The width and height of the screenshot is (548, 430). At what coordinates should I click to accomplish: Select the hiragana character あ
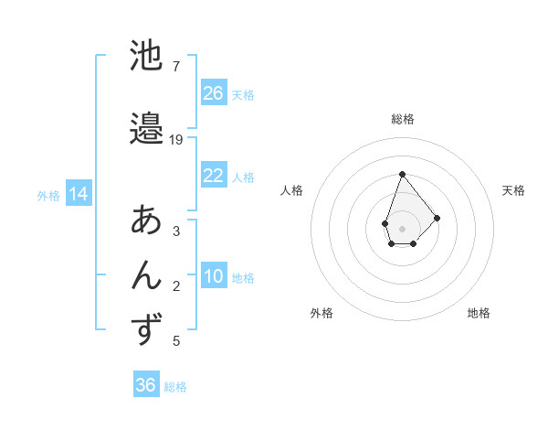click(147, 220)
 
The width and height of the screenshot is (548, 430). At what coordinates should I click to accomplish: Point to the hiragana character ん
click(147, 274)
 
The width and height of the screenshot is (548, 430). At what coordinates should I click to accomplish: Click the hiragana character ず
click(147, 329)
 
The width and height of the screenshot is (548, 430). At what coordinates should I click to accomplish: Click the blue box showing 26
click(214, 93)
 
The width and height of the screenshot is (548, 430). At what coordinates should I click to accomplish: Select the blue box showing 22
click(214, 176)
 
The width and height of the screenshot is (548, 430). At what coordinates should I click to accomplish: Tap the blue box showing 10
click(214, 276)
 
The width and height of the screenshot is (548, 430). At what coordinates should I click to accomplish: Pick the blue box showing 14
click(78, 194)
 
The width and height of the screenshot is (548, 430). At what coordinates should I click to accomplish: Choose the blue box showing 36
click(145, 385)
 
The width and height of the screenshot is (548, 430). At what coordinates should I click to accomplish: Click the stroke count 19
click(176, 140)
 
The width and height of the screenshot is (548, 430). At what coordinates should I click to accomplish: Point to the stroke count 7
click(175, 66)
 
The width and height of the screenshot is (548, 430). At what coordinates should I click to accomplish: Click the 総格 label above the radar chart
click(402, 119)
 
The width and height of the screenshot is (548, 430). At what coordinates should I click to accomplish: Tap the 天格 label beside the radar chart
click(513, 190)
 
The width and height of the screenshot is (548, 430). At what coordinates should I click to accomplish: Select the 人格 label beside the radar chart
click(292, 190)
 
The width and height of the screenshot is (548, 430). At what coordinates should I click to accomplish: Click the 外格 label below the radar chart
click(321, 313)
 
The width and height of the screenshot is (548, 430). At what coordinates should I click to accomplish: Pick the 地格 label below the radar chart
click(479, 313)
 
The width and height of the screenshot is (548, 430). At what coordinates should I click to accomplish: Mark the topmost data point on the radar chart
click(402, 174)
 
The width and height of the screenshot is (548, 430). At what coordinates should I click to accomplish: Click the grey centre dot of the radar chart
click(402, 229)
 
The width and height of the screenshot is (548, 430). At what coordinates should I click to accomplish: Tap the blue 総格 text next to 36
click(175, 387)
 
